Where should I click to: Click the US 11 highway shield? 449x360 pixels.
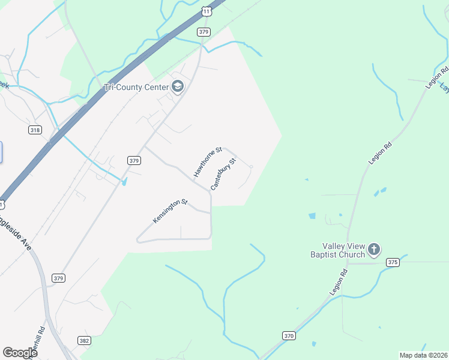coord(206,11)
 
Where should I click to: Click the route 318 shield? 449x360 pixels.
coord(35,130)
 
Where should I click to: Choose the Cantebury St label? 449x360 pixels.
coord(224,175)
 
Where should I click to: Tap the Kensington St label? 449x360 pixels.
coord(170,212)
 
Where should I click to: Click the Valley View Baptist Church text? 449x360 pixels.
coord(343,250)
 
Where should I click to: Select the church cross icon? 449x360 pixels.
coord(374,249)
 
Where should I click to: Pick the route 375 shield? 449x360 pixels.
coord(393,262)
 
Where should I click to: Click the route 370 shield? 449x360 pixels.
coord(289,336)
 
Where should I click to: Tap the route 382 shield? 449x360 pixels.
coord(84,340)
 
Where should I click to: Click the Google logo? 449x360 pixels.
coord(20,352)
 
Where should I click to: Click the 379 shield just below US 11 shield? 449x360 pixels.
coord(203,32)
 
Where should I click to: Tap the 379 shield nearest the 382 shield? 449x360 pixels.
coord(58,278)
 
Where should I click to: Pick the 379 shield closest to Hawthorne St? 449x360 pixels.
coord(134,160)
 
